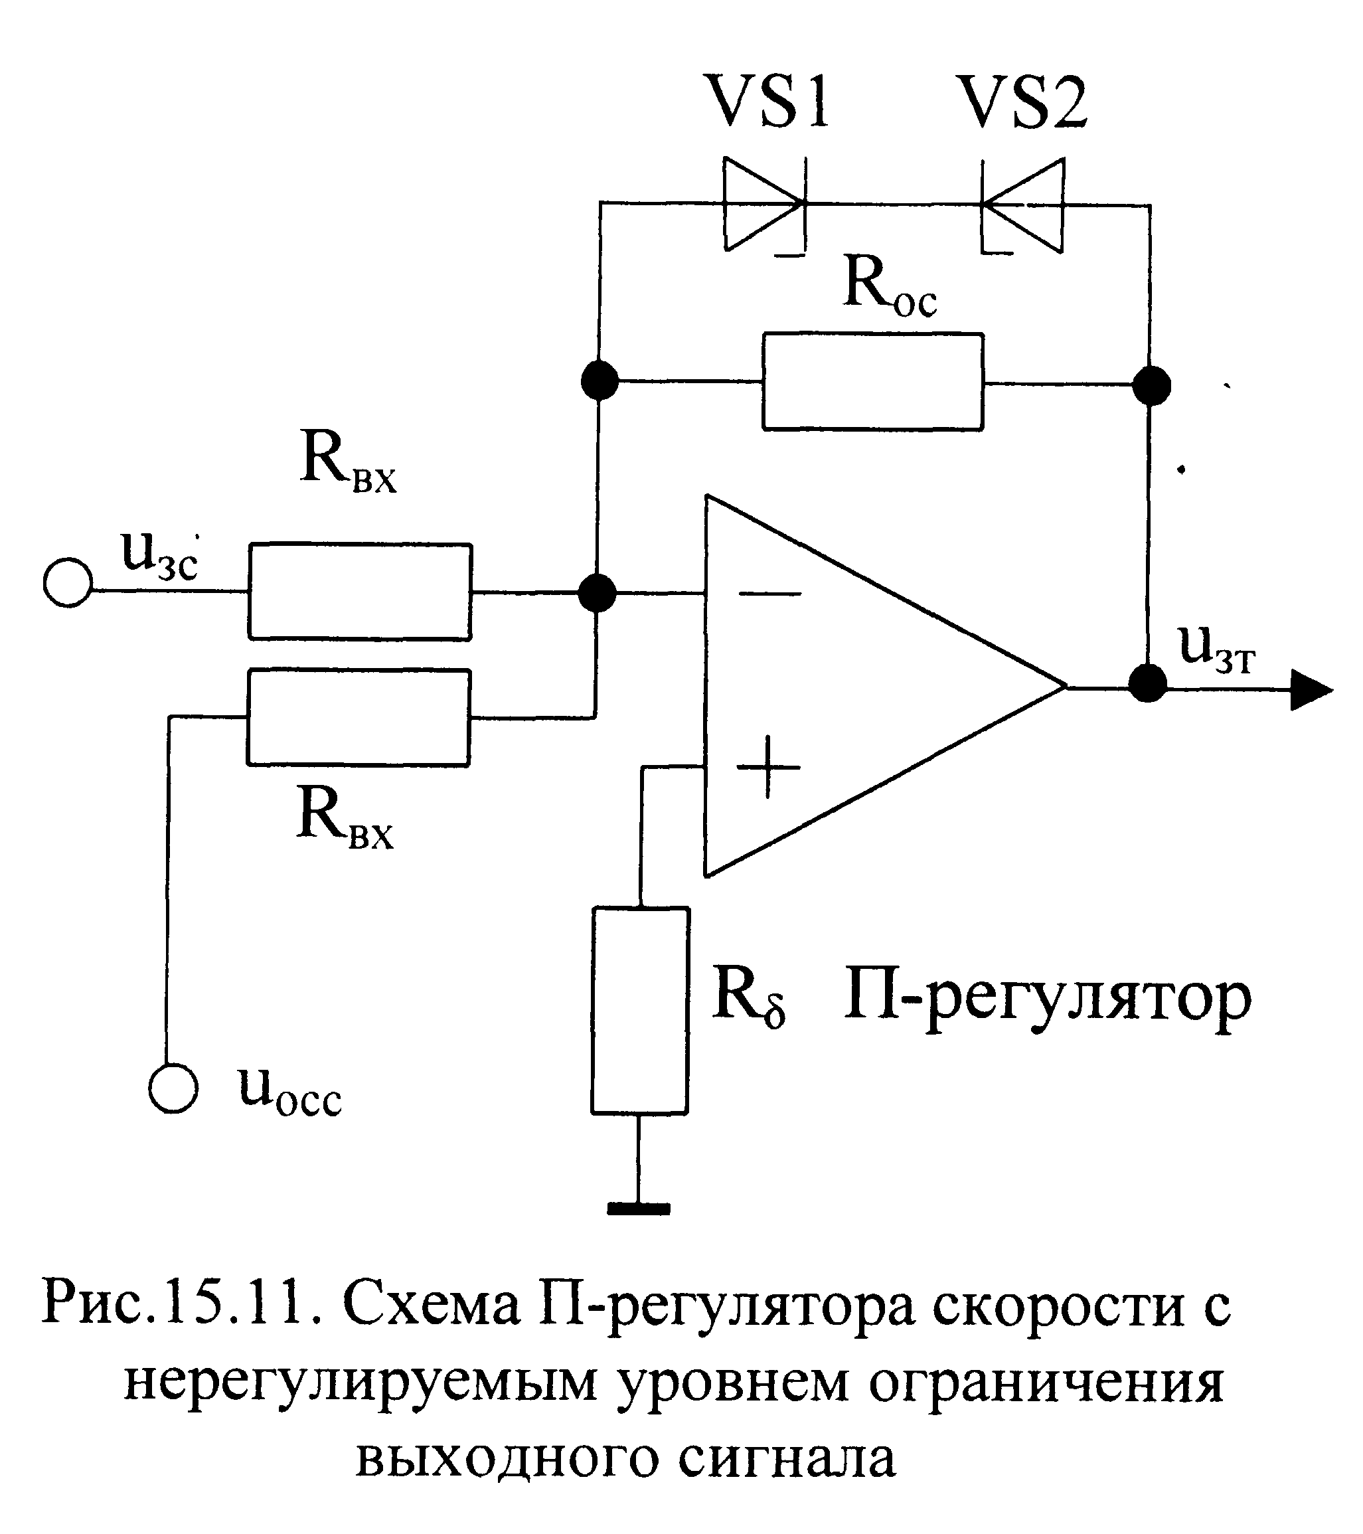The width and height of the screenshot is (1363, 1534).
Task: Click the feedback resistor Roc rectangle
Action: pos(873,381)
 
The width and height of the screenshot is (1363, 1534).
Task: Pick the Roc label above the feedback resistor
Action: pos(890,286)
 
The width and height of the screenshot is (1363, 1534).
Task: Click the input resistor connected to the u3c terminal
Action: pos(360,592)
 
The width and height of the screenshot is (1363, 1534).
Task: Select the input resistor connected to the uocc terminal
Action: pos(359,717)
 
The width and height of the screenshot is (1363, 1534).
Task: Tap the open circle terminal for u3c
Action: pos(68,582)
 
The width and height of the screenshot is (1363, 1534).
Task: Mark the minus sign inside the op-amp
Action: pos(769,594)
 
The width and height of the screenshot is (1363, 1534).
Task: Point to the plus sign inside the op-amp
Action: pos(768,767)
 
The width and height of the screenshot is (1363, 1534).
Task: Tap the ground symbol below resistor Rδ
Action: pos(639,1209)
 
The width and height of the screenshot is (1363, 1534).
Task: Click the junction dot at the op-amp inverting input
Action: pos(598,593)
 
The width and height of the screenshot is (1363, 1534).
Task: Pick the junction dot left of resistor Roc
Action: pos(600,380)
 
